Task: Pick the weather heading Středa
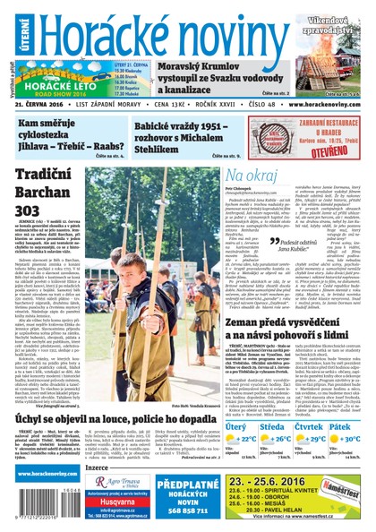click(x=271, y=425)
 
